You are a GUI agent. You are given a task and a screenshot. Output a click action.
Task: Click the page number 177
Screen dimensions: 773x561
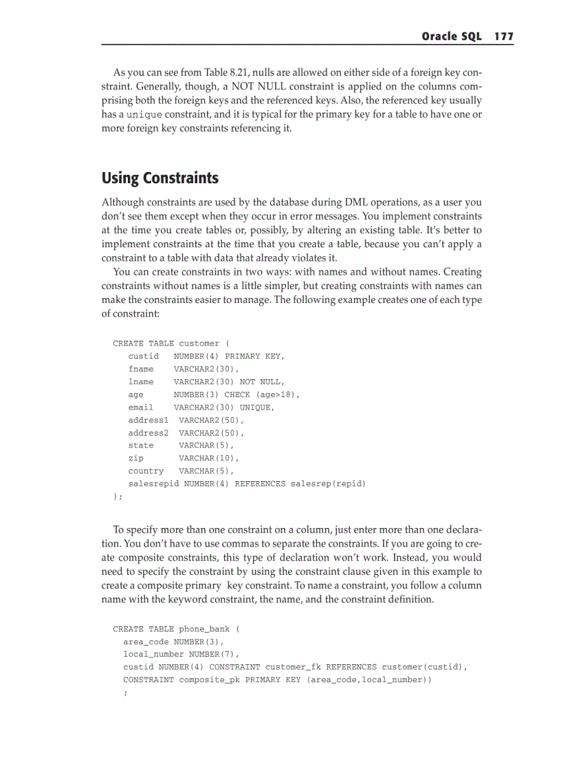click(x=503, y=36)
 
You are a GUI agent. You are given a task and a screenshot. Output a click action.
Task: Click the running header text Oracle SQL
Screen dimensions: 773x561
click(x=451, y=36)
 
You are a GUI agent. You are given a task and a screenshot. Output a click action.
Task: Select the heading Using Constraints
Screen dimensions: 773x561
click(x=159, y=178)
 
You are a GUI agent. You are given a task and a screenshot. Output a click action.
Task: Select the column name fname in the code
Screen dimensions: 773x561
click(x=141, y=369)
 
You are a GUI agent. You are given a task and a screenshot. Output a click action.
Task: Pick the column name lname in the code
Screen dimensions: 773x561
click(x=141, y=381)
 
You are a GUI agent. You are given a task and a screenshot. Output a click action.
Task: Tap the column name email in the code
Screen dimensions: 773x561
click(x=141, y=407)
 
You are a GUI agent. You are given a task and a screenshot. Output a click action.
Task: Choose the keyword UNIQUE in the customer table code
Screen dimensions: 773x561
click(x=256, y=407)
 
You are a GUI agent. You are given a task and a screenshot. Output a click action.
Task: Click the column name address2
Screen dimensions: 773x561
click(x=148, y=433)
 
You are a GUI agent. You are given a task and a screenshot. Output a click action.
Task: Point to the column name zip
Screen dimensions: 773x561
click(x=135, y=458)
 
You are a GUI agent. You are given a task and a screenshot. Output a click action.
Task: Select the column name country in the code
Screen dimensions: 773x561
click(x=146, y=471)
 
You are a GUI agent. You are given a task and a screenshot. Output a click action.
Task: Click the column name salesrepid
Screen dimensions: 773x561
click(x=153, y=484)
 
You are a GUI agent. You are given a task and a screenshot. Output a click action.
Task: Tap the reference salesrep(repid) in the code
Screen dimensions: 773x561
click(x=328, y=484)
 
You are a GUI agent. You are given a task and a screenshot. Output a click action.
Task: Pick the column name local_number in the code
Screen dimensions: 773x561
click(x=153, y=654)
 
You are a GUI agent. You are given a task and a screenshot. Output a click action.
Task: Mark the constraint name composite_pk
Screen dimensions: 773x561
click(x=209, y=679)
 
